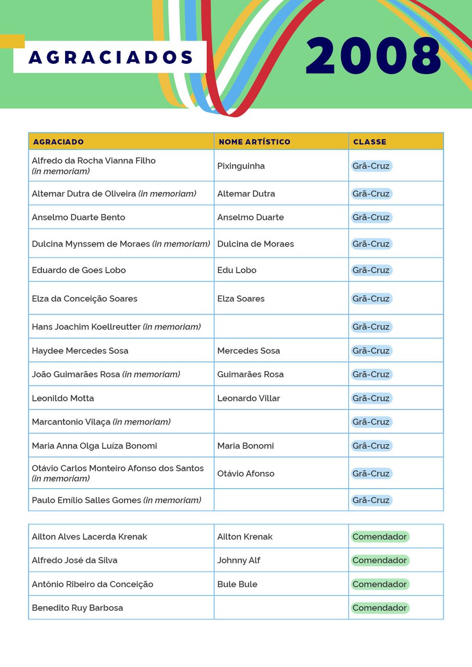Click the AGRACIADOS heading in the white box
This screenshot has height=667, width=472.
coord(111,57)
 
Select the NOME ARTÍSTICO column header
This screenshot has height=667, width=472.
coord(254,142)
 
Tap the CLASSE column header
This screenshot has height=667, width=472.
coord(370,142)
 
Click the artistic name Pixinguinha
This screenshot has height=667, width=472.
coord(241,166)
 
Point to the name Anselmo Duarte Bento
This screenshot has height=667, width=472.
coord(78,217)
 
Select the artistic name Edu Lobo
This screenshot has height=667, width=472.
coord(237,270)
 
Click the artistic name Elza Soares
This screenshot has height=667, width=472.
coord(241,299)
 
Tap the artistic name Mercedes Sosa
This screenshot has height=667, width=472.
coord(248,351)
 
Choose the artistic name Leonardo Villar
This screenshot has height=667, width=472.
coord(248,398)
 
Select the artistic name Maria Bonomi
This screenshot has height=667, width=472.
coord(246,446)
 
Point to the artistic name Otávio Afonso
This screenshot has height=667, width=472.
coord(246,474)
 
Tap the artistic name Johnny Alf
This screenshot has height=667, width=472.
coord(239,560)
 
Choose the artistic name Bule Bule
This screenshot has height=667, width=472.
coord(237,584)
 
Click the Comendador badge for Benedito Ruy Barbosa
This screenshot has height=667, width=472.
coord(380,608)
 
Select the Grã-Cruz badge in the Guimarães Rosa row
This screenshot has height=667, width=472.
coord(371,375)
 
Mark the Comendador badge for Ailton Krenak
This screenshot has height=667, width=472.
coord(380,537)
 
